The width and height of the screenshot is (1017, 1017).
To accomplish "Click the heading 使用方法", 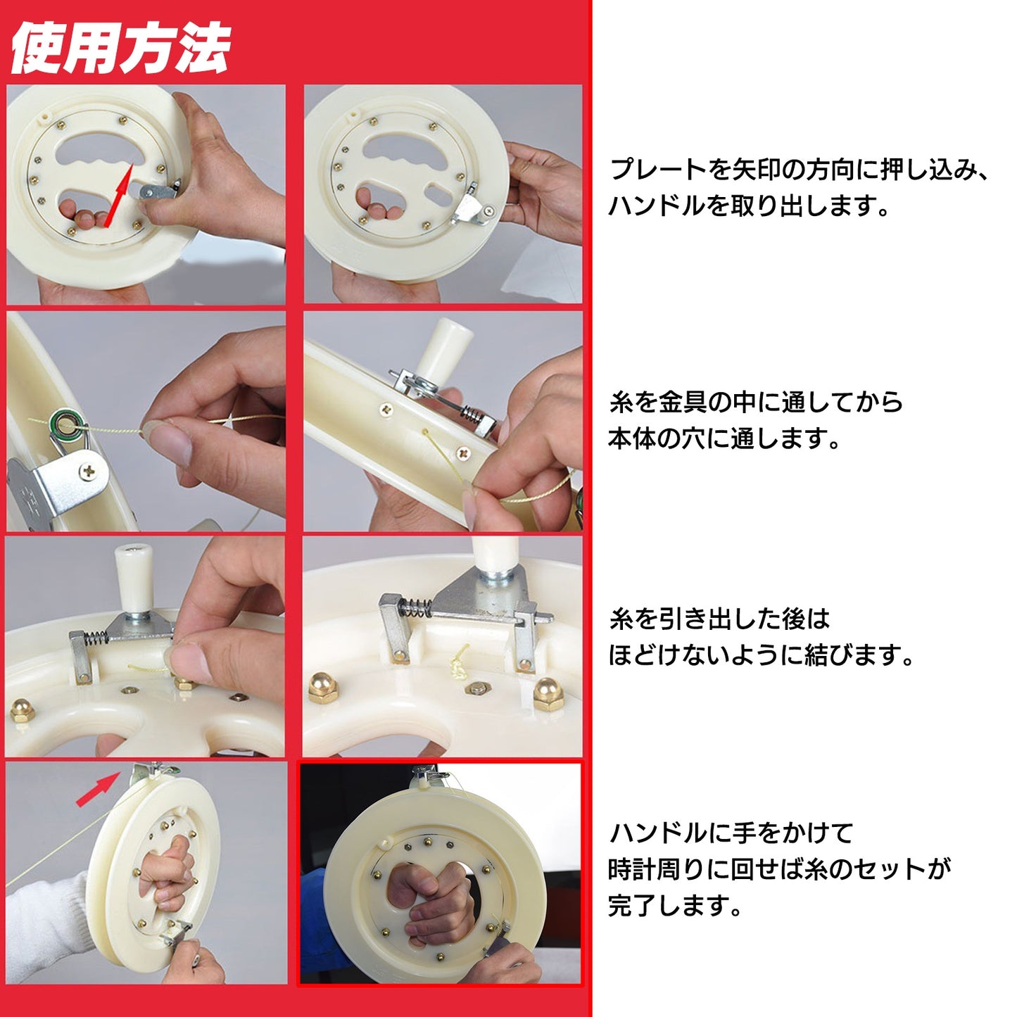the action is point(120,49).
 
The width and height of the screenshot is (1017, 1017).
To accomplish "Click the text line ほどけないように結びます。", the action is point(761,655).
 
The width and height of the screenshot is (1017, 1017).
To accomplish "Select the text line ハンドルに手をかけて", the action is point(731,833).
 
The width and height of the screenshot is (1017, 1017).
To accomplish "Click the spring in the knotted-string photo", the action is point(417,607).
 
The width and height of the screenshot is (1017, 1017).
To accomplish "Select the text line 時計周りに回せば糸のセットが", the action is point(779,869).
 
